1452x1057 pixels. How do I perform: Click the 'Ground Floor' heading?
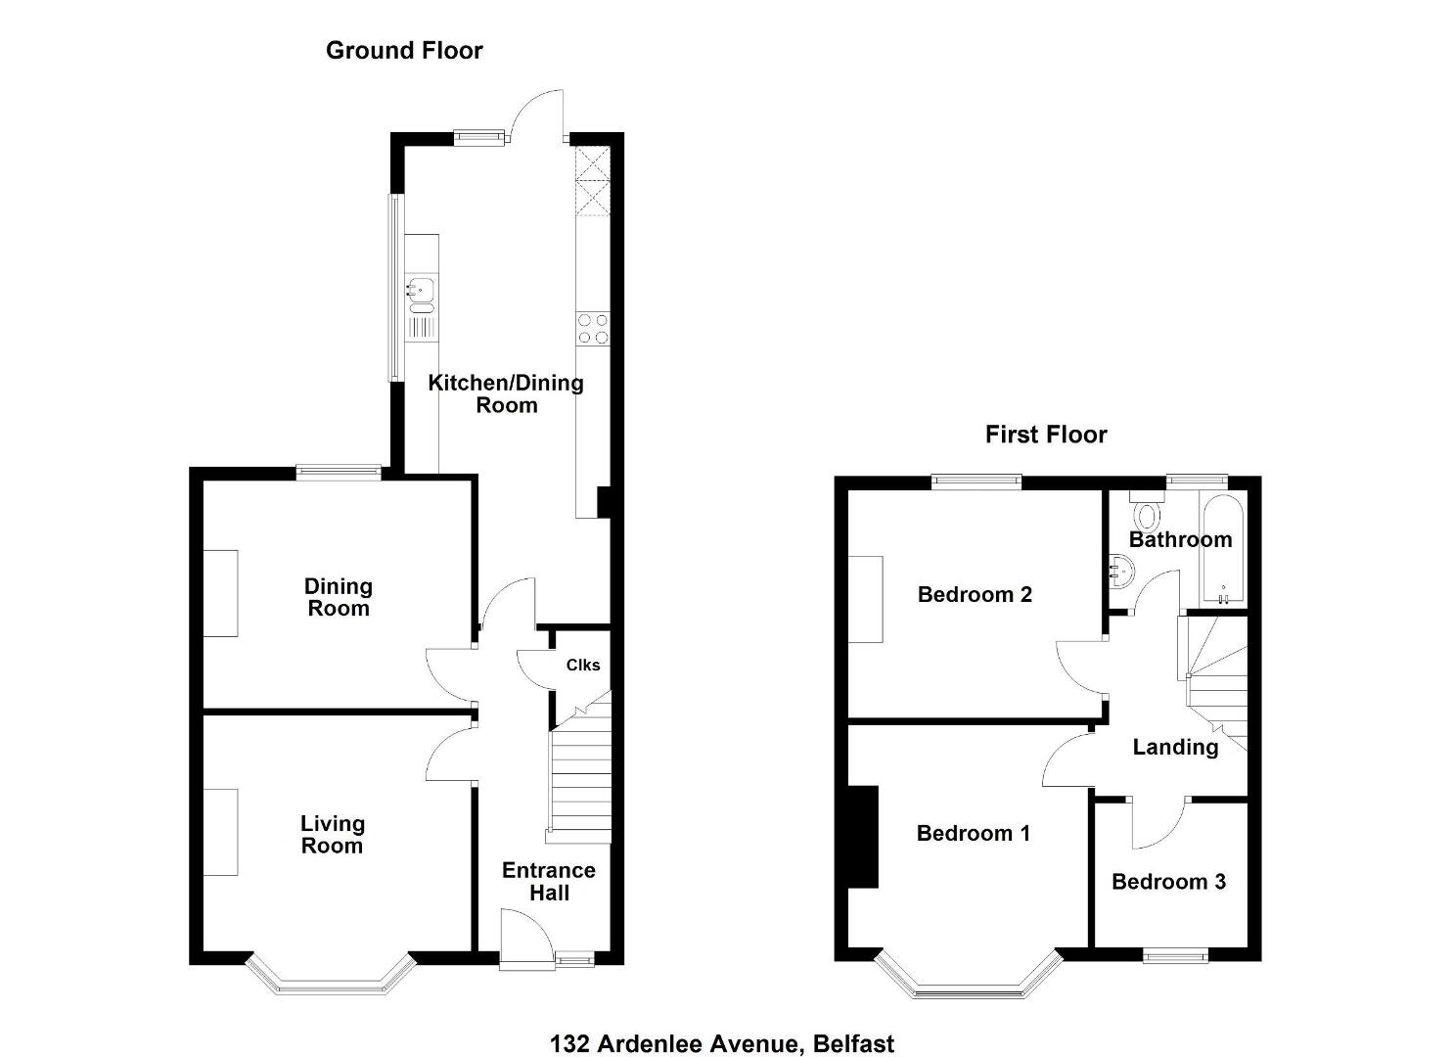404,51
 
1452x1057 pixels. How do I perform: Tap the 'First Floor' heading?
1046,435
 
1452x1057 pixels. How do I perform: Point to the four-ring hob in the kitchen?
593,328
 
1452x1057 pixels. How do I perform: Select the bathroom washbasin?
1120,570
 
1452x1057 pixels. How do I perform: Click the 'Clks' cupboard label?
583,665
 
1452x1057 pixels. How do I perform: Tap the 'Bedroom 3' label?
1168,881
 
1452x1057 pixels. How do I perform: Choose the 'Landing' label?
1175,747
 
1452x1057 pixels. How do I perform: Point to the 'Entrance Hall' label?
548,881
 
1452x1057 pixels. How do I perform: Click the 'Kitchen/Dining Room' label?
506,393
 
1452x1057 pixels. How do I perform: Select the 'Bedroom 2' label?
975,594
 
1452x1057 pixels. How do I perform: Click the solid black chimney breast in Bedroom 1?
863,837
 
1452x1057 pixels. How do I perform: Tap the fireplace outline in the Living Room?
220,833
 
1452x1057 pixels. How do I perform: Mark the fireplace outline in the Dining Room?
220,593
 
